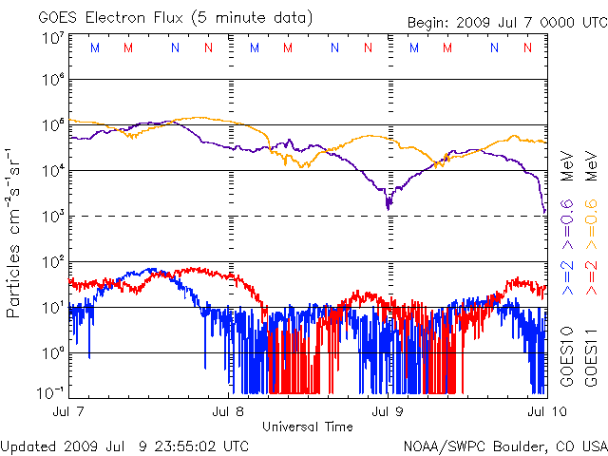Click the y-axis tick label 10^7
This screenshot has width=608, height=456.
tap(51, 39)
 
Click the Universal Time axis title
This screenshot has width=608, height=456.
tap(308, 427)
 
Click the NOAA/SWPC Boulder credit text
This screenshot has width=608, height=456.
tap(504, 446)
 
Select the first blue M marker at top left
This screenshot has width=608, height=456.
tap(93, 47)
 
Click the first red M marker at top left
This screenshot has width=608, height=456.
tap(128, 47)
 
